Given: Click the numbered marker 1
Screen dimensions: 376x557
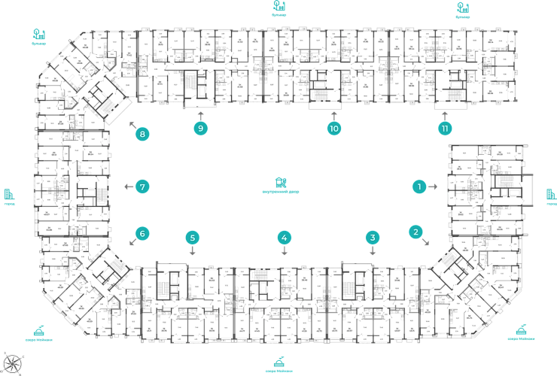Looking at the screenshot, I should (x=420, y=186).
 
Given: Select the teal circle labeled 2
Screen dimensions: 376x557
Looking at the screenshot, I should (x=415, y=232).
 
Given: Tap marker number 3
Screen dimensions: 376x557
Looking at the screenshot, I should (x=373, y=238).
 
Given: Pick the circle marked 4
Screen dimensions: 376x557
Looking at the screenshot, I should (x=284, y=238).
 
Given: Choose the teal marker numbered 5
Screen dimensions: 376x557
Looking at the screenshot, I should (x=193, y=238).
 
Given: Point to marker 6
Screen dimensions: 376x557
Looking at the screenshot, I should (x=141, y=233).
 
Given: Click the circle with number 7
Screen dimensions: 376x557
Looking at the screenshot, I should (x=141, y=186).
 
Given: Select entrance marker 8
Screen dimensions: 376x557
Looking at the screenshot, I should (x=142, y=135).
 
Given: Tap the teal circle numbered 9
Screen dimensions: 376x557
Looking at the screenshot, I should (x=199, y=129).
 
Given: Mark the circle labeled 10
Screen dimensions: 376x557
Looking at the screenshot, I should (x=334, y=129).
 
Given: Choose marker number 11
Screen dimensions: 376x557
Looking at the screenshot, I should (x=445, y=129).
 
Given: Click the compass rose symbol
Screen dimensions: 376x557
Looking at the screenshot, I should (x=11, y=362).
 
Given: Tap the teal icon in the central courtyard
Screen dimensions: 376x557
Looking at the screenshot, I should (x=280, y=183).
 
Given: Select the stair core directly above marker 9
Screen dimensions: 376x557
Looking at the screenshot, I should (x=199, y=84).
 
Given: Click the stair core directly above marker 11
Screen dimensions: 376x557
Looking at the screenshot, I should (x=454, y=84).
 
